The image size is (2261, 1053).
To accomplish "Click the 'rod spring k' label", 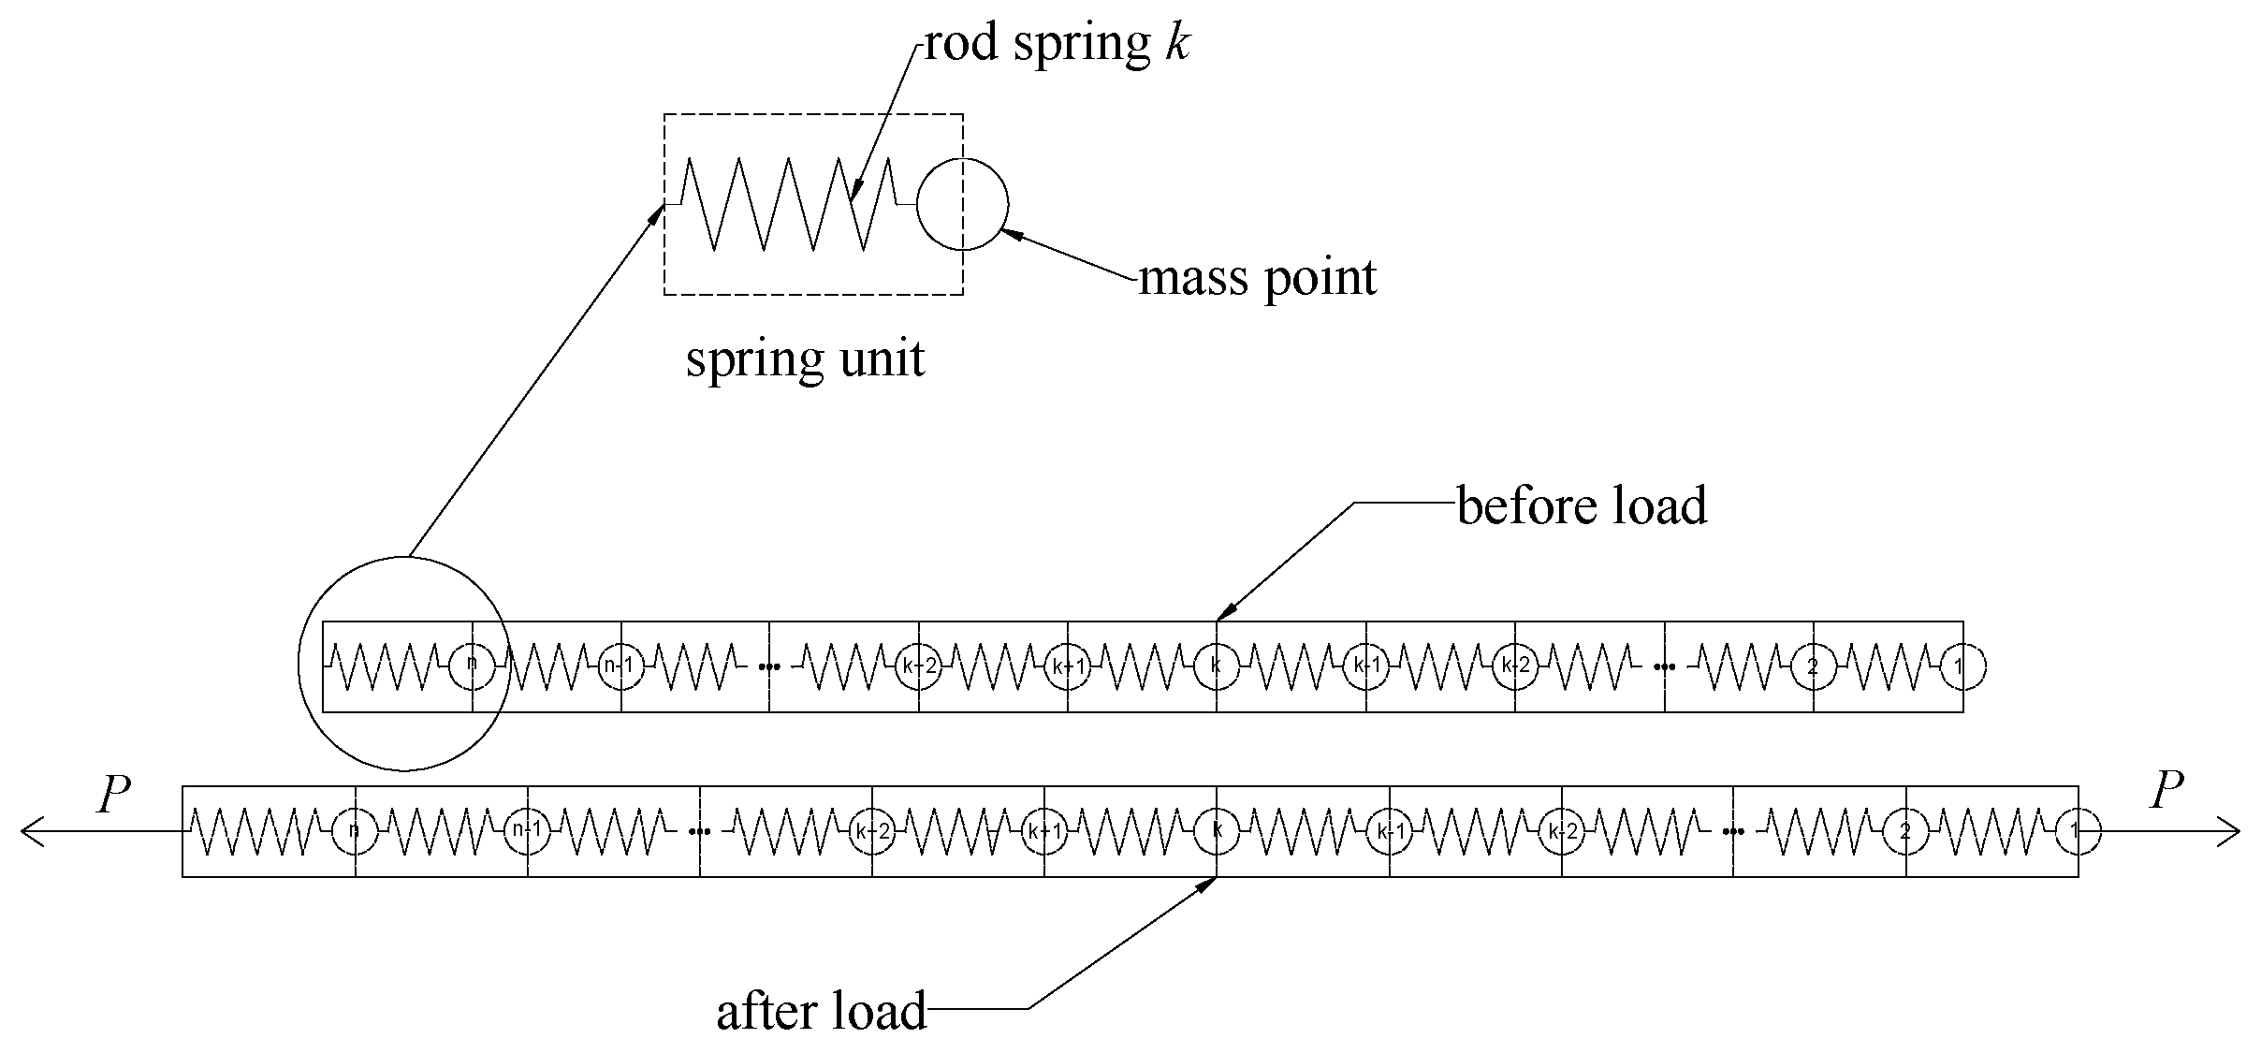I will pos(1058,43).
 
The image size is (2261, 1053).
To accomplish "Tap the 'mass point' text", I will pos(1257,277).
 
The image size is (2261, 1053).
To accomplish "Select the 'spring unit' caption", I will pos(805,358).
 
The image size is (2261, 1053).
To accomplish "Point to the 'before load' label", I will pos(1582,505).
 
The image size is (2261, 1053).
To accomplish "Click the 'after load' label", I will pos(822,1011).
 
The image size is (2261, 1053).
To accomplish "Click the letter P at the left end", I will pos(114,795).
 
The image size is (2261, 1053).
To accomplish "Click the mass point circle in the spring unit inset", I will pos(962,204).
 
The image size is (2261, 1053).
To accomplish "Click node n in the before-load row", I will pos(472,665).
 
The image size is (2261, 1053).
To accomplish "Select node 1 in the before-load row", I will pos(1962,666).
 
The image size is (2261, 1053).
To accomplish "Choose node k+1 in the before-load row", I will pos(1068,666).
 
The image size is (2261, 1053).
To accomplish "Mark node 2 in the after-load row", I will pos(1905,830).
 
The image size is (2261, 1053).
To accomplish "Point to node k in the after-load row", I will pos(1217,830).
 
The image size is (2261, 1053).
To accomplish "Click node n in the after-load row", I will pos(355,830).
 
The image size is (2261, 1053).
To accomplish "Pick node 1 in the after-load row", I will pos(2078,830).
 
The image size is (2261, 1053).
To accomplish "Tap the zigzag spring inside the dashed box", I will pos(791,204).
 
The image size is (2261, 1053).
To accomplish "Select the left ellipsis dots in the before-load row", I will pos(770,666).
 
